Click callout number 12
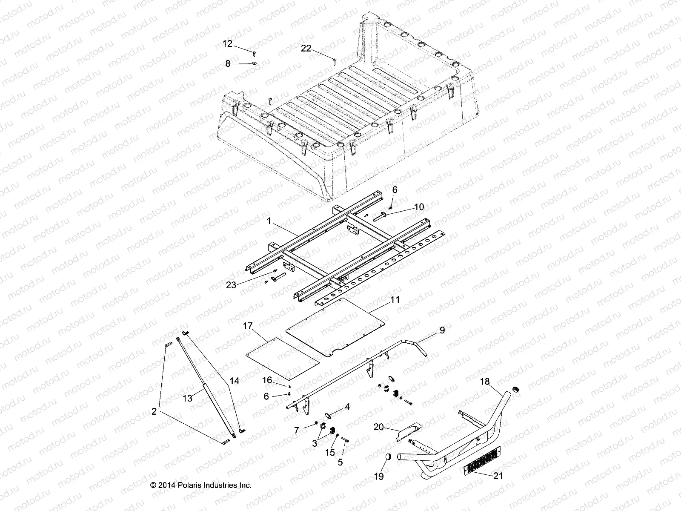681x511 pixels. click(x=228, y=44)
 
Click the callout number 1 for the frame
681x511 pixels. click(x=268, y=221)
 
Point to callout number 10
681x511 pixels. click(x=419, y=207)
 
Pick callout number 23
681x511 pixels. click(x=231, y=285)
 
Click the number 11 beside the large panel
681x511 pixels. click(x=395, y=300)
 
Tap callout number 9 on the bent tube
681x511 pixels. click(x=442, y=330)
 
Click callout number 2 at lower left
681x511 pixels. click(x=154, y=412)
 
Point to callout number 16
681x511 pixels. click(x=267, y=379)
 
